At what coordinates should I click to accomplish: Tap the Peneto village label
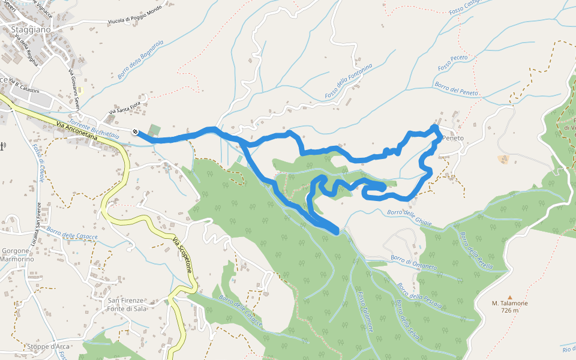452,139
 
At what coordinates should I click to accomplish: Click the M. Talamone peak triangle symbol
510,297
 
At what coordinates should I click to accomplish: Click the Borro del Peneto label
456,89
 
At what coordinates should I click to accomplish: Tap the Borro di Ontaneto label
413,262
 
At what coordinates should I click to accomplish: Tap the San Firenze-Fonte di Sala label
127,304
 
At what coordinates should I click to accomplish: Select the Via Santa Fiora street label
127,104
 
